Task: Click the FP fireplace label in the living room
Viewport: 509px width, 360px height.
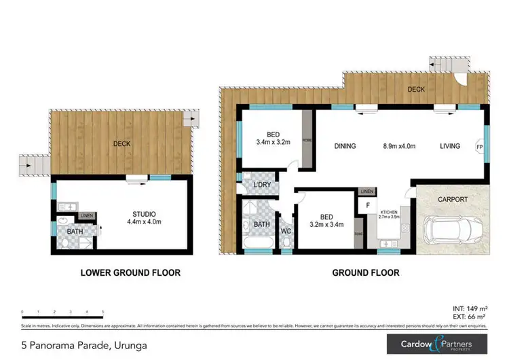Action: pos(479,147)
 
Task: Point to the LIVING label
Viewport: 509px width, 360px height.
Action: pos(449,146)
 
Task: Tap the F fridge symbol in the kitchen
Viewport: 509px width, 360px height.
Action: pos(367,204)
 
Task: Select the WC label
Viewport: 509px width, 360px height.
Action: pos(285,231)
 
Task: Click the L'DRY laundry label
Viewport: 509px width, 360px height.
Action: pos(263,185)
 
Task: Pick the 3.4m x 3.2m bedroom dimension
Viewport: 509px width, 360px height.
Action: pos(274,143)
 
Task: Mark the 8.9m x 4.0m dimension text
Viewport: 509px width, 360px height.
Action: pos(399,146)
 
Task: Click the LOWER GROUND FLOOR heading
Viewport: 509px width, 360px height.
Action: pos(130,273)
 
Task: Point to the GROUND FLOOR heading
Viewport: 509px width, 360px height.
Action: pos(365,273)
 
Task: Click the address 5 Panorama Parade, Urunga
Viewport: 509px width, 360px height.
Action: pos(75,345)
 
